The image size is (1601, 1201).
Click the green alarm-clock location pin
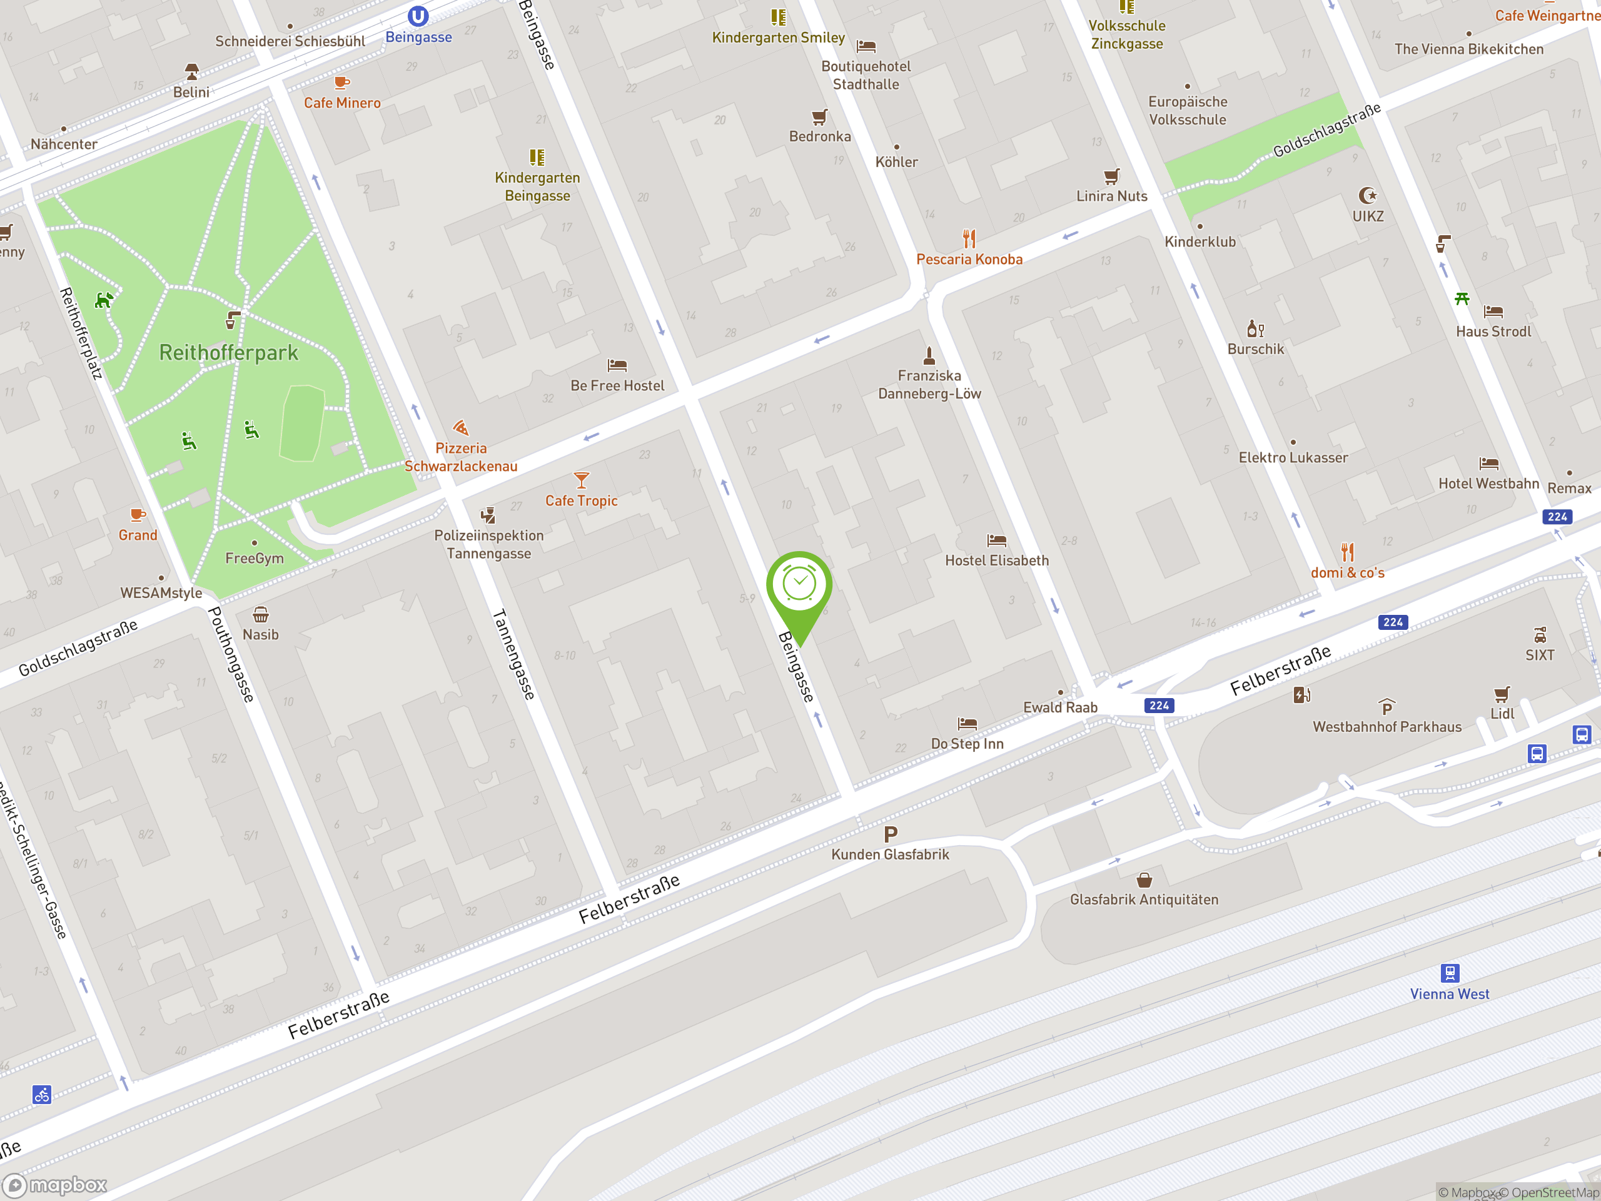click(x=799, y=586)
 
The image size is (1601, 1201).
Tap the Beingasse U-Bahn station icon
click(x=418, y=15)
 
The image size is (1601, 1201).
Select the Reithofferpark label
click(x=229, y=353)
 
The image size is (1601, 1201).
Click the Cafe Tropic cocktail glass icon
click(x=581, y=479)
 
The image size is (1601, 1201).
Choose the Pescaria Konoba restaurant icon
click(x=969, y=238)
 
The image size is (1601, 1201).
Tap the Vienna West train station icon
click(x=1449, y=972)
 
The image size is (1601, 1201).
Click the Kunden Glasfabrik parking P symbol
click(x=891, y=834)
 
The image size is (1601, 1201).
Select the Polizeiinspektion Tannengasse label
click(x=488, y=544)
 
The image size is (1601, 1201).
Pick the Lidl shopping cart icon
click(x=1502, y=694)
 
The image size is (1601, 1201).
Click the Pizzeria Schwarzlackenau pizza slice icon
click(x=460, y=427)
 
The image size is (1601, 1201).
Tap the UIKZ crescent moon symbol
click(x=1367, y=195)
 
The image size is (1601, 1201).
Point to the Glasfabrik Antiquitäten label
click(x=1144, y=899)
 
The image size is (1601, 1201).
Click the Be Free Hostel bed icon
click(x=617, y=365)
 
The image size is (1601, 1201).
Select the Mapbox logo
click(x=56, y=1185)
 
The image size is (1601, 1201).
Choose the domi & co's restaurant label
click(x=1347, y=572)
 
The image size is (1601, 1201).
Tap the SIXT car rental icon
click(x=1540, y=635)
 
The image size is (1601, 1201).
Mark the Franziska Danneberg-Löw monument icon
click(x=929, y=355)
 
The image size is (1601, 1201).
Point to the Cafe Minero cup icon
click(x=341, y=83)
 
